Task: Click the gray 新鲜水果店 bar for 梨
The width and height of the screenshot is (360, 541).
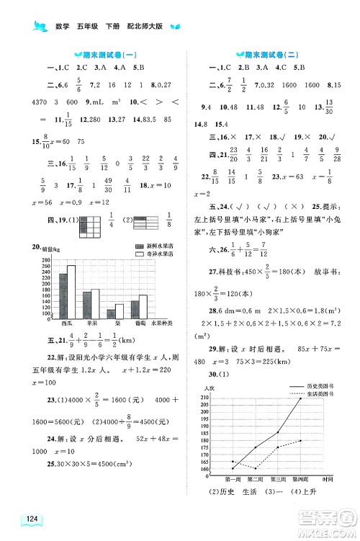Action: pos(111,313)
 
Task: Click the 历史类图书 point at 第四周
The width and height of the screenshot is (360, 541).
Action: pos(301,398)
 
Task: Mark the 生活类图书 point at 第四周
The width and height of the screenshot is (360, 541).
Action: pos(301,440)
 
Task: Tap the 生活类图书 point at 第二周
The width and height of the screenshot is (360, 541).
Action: pos(255,468)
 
